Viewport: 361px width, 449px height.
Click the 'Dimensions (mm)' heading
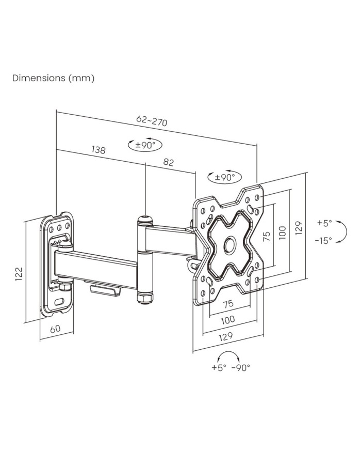[54, 79]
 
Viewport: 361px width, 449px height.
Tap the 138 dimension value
[99, 150]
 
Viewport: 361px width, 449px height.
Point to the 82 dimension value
[169, 162]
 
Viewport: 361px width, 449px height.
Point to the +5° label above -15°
[324, 223]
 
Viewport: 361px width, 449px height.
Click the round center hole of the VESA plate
[228, 244]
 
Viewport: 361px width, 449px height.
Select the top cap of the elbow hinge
[144, 219]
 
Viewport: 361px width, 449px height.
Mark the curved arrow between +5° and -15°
[342, 231]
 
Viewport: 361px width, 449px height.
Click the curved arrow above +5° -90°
[229, 355]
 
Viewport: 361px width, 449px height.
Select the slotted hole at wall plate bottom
[59, 300]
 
